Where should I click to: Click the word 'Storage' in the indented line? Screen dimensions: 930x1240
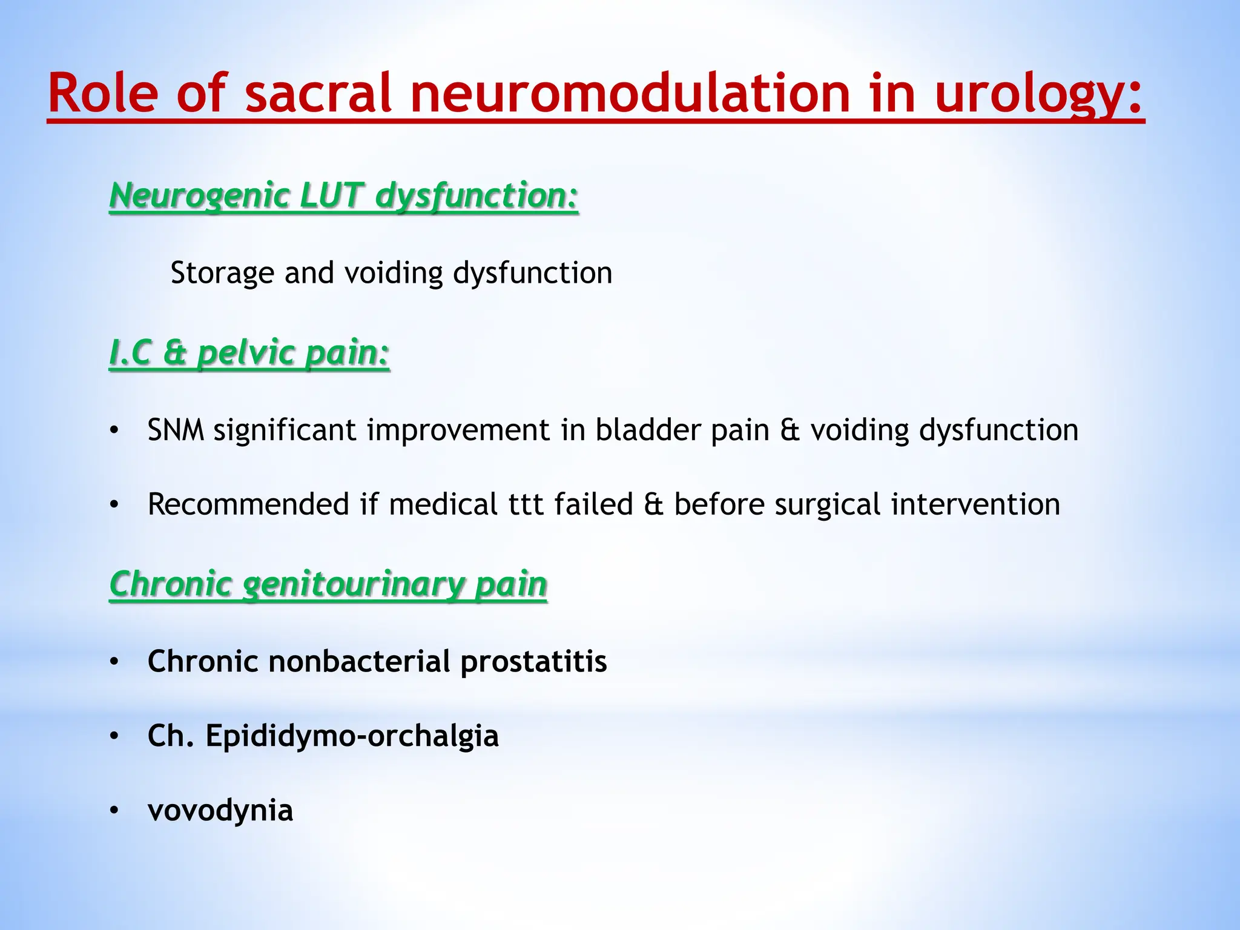pos(222,273)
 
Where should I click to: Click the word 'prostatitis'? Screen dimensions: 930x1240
pos(533,661)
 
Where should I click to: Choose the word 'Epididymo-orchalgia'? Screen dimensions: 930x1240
pos(352,736)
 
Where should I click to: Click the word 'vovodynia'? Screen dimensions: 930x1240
pos(220,811)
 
